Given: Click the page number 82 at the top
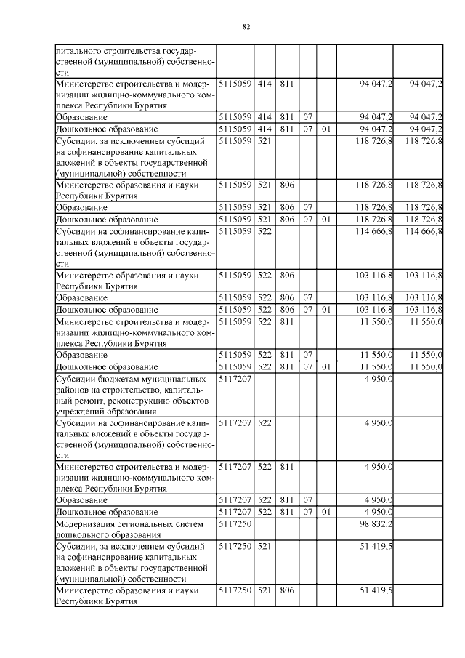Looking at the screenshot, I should click(246, 27).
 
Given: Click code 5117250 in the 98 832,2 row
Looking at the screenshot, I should click(235, 523).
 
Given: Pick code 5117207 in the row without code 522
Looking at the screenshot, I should click(235, 378).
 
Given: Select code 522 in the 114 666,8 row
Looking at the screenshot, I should click(264, 231).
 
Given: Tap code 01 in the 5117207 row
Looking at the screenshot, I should click(326, 511).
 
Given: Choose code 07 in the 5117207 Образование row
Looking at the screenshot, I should click(307, 499).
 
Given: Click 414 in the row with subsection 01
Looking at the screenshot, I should click(264, 128).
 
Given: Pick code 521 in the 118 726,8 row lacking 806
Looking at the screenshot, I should click(264, 140).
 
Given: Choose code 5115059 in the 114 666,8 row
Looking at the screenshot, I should click(235, 231).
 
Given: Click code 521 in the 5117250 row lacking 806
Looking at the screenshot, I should click(264, 545).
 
